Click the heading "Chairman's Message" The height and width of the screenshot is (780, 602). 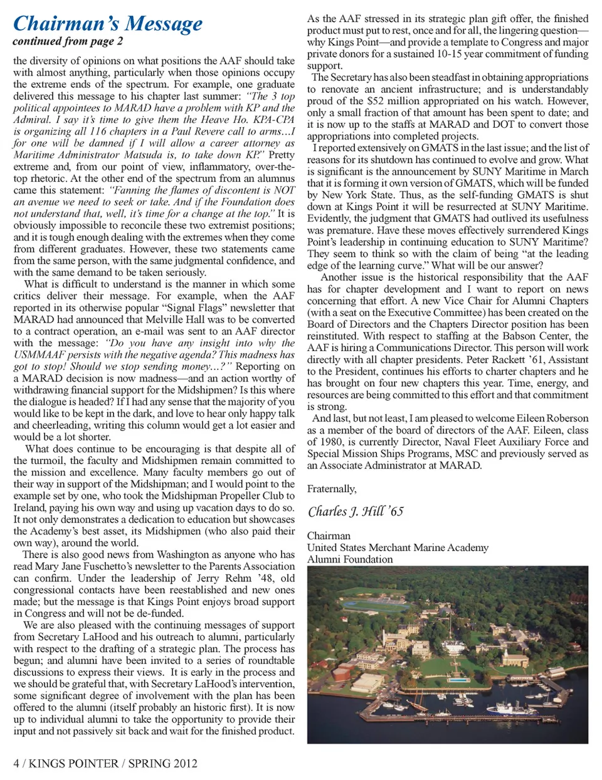(x=108, y=24)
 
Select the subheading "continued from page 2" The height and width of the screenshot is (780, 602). (x=68, y=41)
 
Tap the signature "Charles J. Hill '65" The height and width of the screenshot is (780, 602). (x=356, y=511)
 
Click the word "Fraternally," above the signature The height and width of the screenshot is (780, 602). (x=332, y=489)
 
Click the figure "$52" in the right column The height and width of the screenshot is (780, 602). (x=376, y=101)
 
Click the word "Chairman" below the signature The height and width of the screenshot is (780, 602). (x=329, y=536)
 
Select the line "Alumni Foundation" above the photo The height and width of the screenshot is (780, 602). (x=350, y=559)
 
